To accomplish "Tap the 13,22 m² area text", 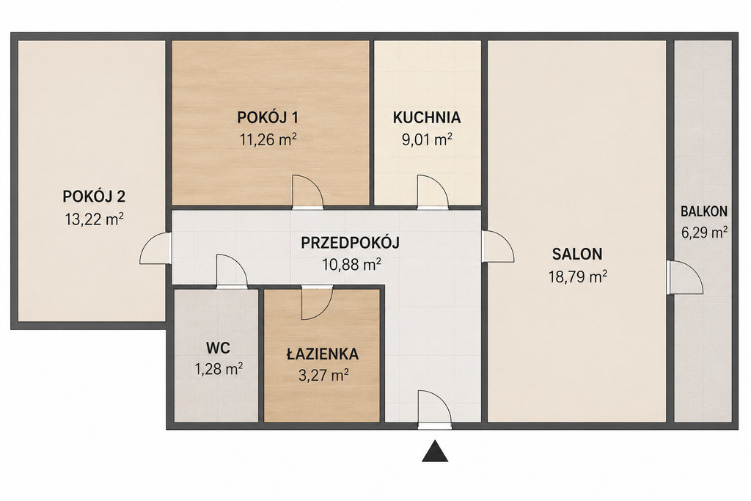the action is tap(95, 219).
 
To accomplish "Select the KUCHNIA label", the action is tap(427, 117).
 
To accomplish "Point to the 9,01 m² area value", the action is tap(427, 139).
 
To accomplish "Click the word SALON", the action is tap(577, 254).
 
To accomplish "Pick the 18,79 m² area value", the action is tap(578, 277).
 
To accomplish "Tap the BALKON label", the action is tap(704, 211).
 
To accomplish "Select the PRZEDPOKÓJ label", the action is tap(350, 243).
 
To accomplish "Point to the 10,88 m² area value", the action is tap(352, 264).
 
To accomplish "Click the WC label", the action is tap(217, 348).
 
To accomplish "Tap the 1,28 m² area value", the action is tap(218, 369).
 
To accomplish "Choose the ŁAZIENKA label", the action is tap(323, 354).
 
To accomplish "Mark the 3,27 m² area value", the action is tap(323, 375).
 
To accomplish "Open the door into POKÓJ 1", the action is tap(307, 192).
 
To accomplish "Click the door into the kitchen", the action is tap(433, 192).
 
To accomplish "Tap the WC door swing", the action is tap(232, 271).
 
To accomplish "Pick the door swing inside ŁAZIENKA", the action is tap(317, 303).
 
